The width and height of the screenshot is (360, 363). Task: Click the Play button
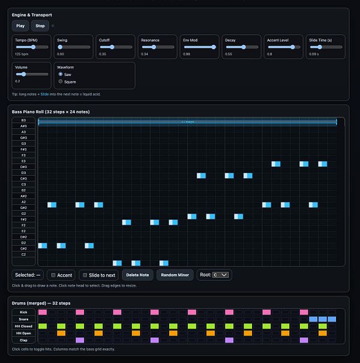pyautogui.click(x=20, y=26)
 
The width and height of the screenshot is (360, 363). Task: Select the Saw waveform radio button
pyautogui.click(x=61, y=74)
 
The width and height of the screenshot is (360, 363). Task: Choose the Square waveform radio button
pyautogui.click(x=61, y=81)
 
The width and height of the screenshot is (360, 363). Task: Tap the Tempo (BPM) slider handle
pyautogui.click(x=32, y=47)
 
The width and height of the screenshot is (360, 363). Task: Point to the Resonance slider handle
pyautogui.click(x=154, y=47)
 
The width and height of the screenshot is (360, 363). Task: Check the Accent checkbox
pyautogui.click(x=53, y=275)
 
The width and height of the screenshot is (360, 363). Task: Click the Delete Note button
pyautogui.click(x=137, y=275)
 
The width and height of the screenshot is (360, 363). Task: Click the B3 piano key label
pyautogui.click(x=23, y=121)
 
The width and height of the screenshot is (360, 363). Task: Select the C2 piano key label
pyautogui.click(x=23, y=254)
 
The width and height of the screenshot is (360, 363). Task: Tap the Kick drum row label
pyautogui.click(x=23, y=312)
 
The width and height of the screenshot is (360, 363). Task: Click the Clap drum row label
pyautogui.click(x=23, y=340)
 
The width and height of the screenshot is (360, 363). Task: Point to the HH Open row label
pyautogui.click(x=23, y=333)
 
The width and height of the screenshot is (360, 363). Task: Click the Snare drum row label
pyautogui.click(x=23, y=319)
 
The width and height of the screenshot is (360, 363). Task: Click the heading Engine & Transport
pyautogui.click(x=31, y=14)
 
